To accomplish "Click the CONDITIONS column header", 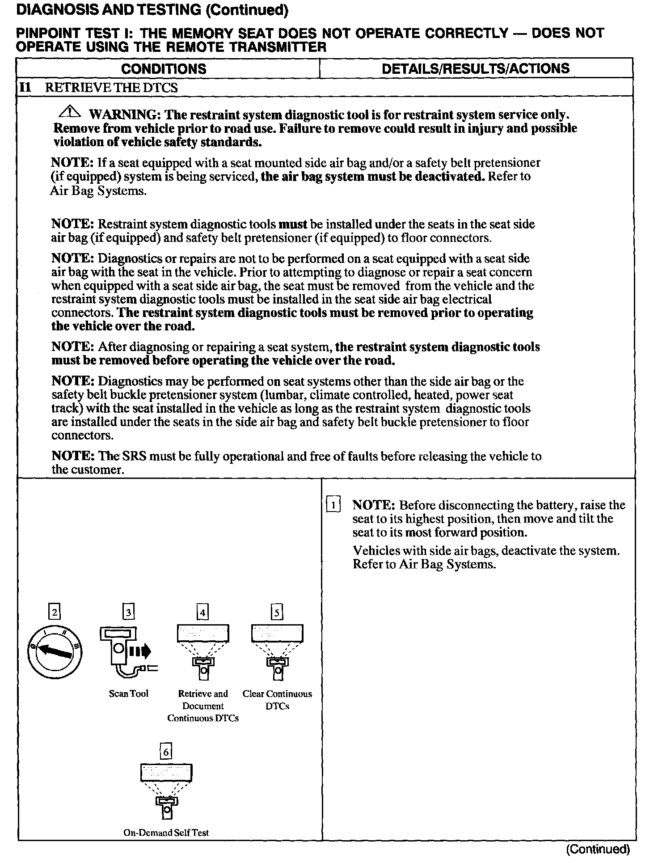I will pyautogui.click(x=164, y=69).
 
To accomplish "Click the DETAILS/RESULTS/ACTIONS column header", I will pyautogui.click(x=476, y=68).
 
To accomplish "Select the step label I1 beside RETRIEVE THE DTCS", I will pyautogui.click(x=25, y=87).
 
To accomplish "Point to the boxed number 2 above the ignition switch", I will pyautogui.click(x=55, y=612).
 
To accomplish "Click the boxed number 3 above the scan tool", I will pyautogui.click(x=129, y=612).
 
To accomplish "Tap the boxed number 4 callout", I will pyautogui.click(x=203, y=612).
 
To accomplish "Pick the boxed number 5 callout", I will pyautogui.click(x=277, y=612).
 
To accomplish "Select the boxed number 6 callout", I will pyautogui.click(x=166, y=753).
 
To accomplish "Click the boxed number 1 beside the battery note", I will pyautogui.click(x=333, y=505).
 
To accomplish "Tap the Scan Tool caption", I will pyautogui.click(x=129, y=694).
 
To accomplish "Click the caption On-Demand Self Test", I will pyautogui.click(x=166, y=833).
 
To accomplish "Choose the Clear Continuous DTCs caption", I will pyautogui.click(x=277, y=700).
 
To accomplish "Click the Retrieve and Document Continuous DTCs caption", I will pyautogui.click(x=203, y=706).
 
